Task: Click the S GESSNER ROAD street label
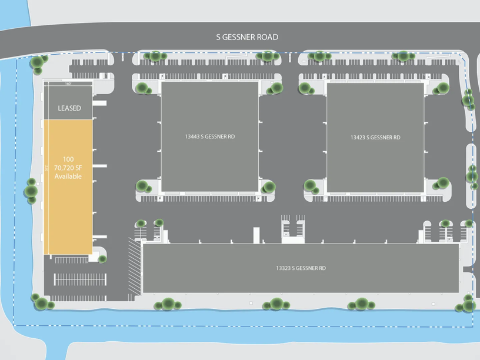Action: tap(247, 37)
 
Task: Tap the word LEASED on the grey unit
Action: tap(69, 108)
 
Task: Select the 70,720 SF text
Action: tap(69, 168)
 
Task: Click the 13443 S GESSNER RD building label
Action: tap(209, 136)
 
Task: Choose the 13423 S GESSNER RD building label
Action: tap(375, 137)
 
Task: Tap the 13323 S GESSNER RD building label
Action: tap(301, 268)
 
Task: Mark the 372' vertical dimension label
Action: tap(46, 168)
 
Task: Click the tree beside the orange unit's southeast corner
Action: tap(102, 258)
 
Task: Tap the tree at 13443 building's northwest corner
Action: tap(142, 88)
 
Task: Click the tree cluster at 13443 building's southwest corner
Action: tap(144, 187)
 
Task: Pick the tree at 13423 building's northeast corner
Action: tap(442, 88)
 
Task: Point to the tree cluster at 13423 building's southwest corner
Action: tap(311, 187)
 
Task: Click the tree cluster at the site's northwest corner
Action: tap(38, 62)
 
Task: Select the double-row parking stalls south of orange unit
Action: tap(80, 279)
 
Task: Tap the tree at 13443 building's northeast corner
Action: tap(275, 88)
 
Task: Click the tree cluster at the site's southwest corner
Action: tap(41, 302)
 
